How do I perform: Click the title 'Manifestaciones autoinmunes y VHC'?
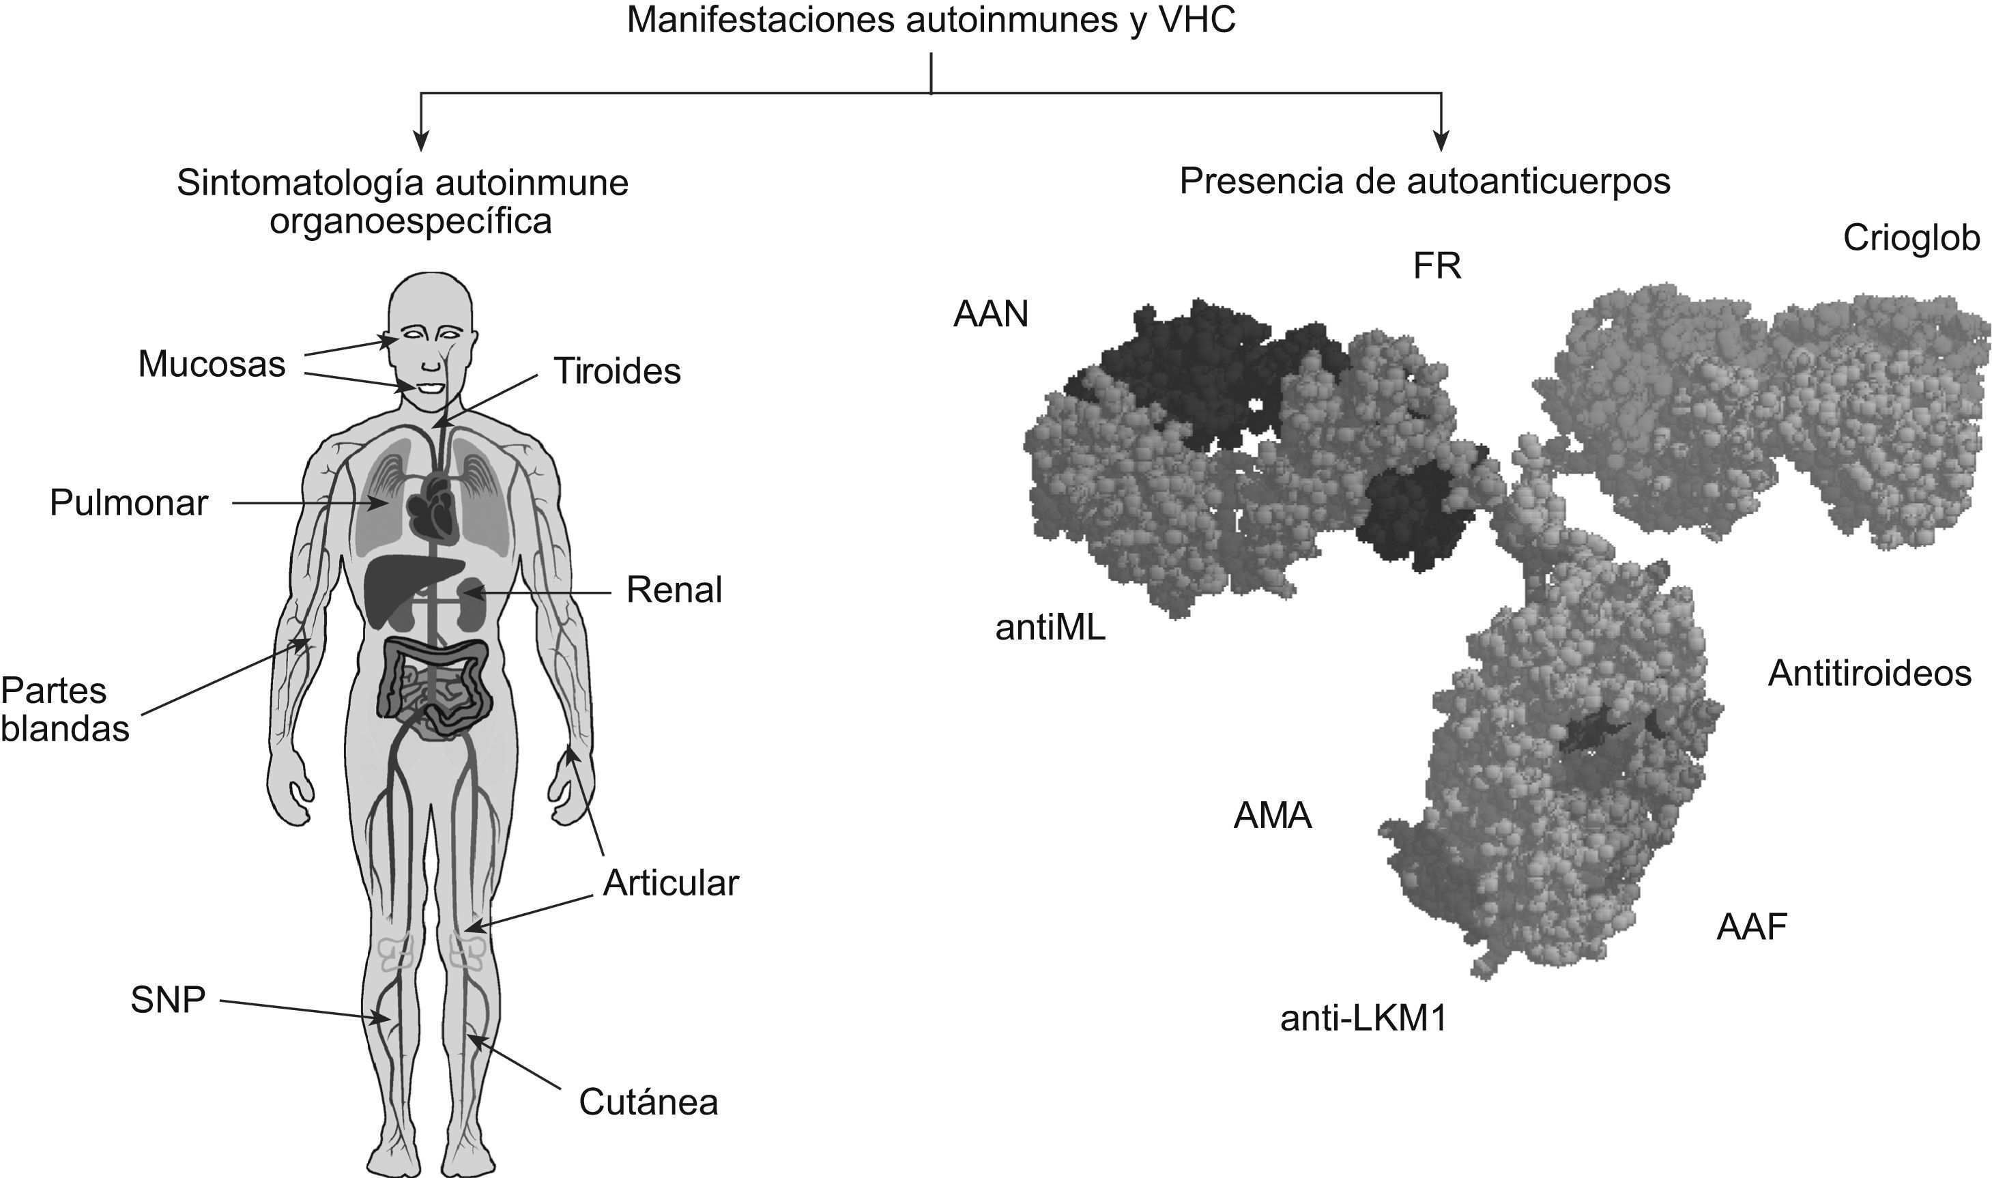930,20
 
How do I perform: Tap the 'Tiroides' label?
617,371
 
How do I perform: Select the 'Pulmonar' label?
128,503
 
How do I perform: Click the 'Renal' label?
674,590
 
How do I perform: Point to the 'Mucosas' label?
211,365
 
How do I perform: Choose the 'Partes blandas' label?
63,710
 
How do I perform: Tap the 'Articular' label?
671,883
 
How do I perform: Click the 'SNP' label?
167,1000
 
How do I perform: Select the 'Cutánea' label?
648,1102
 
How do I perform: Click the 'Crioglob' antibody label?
1910,238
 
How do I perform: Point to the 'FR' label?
1437,267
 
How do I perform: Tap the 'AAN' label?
990,315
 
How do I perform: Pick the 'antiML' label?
1050,628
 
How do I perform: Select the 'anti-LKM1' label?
1363,1019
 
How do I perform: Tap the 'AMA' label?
1272,817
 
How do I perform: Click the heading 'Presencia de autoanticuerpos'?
1424,182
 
